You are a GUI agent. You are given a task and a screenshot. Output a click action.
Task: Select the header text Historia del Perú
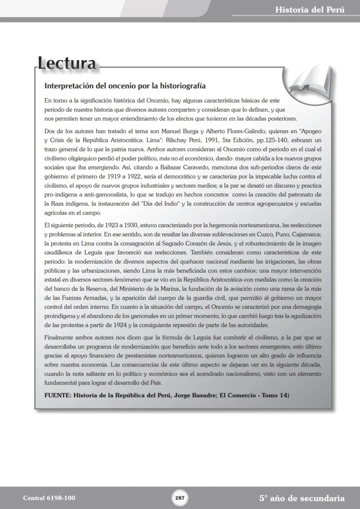pos(310,10)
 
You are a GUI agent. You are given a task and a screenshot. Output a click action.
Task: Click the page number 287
pos(180,498)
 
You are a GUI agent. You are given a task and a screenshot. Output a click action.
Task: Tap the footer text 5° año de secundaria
pos(302,498)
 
